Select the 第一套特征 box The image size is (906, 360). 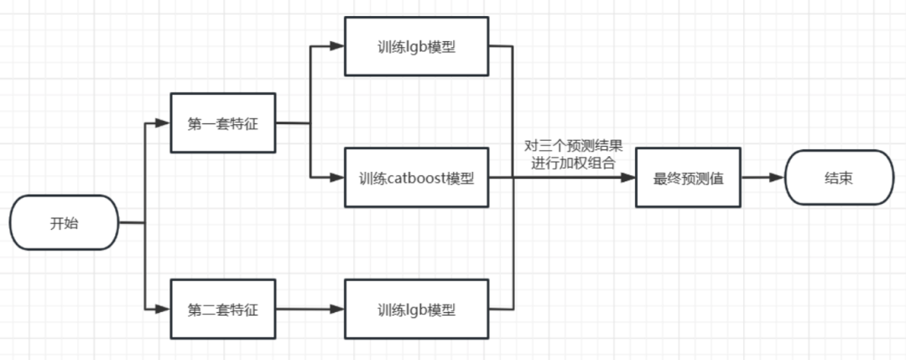pos(222,123)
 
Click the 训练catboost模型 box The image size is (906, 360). pos(416,178)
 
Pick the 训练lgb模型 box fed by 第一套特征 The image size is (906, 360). pos(416,46)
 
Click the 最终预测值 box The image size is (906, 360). pos(689,178)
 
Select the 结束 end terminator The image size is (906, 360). pos(839,178)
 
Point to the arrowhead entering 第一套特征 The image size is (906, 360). pos(164,123)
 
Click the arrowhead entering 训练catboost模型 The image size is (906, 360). pos(338,178)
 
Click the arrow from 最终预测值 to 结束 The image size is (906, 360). pos(763,178)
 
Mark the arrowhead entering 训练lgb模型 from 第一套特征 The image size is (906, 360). pos(338,46)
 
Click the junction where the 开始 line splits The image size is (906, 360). pos(145,222)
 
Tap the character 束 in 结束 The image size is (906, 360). pos(848,178)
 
